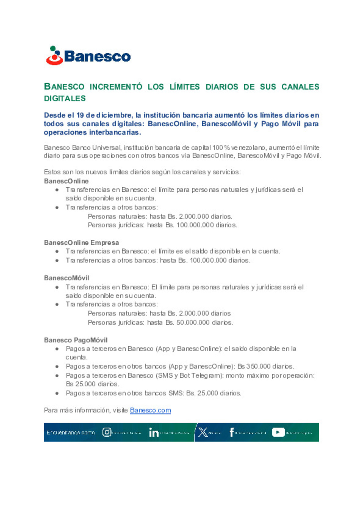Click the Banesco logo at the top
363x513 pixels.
88,56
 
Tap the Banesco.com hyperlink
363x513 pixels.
150,410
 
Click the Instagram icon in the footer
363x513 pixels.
107,432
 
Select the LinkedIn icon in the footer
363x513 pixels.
154,432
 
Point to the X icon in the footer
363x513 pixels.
203,432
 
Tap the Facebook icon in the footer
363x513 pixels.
232,432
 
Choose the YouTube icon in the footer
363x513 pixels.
278,432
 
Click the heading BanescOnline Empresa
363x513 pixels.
81,242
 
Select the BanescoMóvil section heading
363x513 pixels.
67,278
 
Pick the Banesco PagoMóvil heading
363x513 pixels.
76,340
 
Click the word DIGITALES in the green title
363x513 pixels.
65,98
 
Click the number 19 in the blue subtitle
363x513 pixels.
80,115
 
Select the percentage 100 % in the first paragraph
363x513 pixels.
221,148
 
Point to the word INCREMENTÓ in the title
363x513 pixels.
116,87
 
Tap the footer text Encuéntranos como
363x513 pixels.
71,432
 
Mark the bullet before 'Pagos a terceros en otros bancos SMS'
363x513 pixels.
57,393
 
